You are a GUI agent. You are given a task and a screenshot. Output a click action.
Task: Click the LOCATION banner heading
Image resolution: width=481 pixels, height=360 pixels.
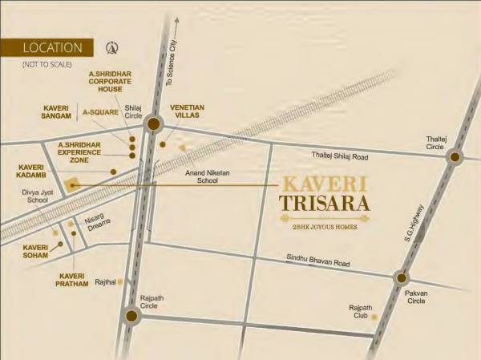53,47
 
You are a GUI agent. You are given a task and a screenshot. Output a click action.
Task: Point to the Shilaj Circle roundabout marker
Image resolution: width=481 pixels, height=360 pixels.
155,122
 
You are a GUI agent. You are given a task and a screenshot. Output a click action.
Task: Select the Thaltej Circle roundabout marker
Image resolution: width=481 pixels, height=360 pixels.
455,156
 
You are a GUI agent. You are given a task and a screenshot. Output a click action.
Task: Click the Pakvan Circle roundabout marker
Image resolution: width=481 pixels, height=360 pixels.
400,278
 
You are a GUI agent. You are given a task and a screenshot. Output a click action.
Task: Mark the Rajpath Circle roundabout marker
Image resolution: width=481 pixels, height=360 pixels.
132,316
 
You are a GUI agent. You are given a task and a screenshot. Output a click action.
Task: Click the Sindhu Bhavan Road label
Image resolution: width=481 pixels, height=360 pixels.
319,262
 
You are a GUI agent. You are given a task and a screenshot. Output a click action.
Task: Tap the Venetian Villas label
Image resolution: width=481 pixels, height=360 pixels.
188,111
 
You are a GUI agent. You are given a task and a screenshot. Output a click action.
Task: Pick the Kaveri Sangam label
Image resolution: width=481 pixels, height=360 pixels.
56,111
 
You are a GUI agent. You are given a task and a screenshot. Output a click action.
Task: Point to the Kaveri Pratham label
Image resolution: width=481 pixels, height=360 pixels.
76,281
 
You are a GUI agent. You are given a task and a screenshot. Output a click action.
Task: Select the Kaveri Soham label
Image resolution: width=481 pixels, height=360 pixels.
36,251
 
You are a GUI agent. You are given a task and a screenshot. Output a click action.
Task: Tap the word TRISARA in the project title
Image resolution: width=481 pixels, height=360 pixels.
324,202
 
